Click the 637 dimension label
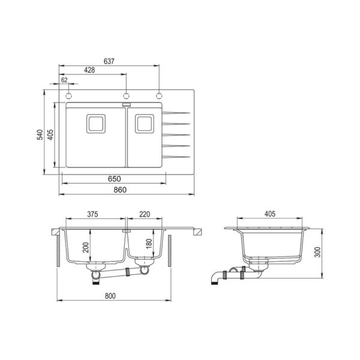109,61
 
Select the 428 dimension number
89,70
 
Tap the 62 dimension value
65,80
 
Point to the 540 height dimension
40,134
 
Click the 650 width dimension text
115,179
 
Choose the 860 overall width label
120,190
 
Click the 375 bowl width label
92,214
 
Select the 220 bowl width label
145,214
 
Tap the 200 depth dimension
86,247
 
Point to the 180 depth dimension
149,244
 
